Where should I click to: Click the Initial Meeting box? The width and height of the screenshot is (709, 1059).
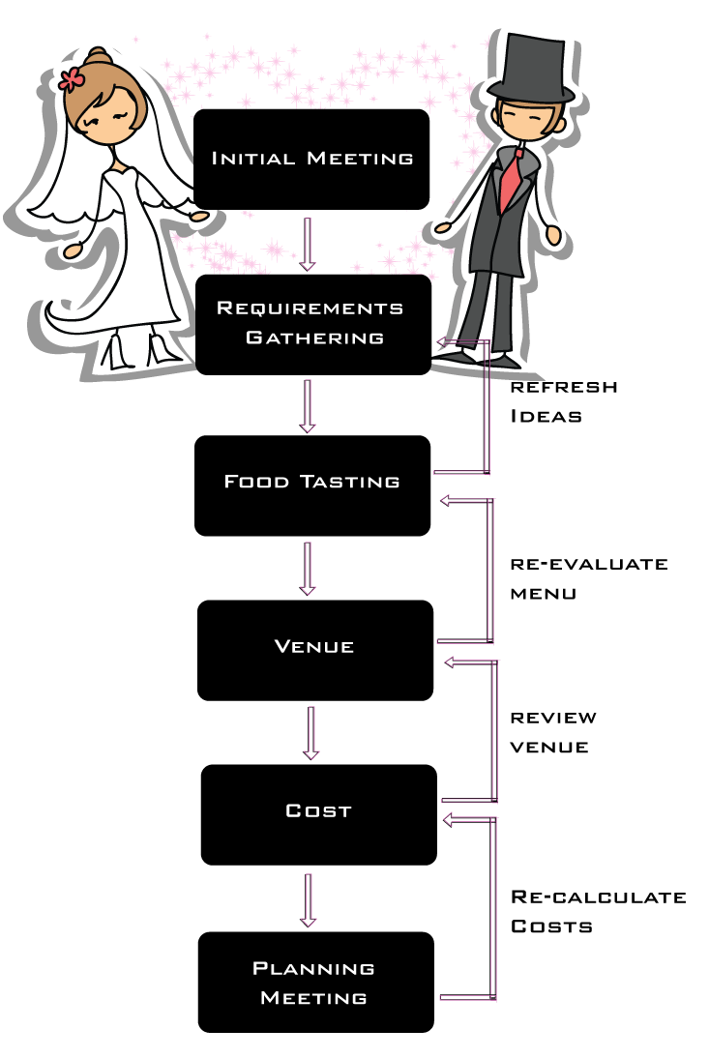[311, 160]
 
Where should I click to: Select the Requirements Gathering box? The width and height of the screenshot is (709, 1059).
[313, 324]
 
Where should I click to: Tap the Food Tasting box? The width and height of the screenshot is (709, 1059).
[312, 485]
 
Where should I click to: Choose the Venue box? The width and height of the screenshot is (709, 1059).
[315, 650]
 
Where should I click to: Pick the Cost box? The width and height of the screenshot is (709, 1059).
[319, 814]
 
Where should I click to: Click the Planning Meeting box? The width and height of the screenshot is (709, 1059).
[316, 982]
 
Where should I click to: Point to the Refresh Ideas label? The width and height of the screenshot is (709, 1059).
[564, 401]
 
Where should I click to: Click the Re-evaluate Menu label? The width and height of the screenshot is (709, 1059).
[589, 578]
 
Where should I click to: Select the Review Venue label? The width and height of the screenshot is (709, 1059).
[553, 732]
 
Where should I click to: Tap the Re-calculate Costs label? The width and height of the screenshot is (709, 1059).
[599, 912]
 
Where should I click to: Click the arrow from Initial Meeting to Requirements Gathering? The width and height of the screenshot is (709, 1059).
[308, 244]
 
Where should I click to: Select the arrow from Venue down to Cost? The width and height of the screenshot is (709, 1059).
[310, 733]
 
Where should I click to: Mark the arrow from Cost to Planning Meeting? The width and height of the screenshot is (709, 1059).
[308, 900]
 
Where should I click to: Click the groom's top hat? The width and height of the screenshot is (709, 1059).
[531, 69]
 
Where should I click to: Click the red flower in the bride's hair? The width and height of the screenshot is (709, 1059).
[71, 79]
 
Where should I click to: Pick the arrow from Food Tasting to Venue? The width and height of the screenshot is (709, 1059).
[308, 569]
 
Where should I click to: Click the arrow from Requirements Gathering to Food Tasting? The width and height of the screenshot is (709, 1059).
[308, 406]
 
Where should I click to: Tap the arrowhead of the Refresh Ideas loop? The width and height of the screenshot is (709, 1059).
[443, 342]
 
